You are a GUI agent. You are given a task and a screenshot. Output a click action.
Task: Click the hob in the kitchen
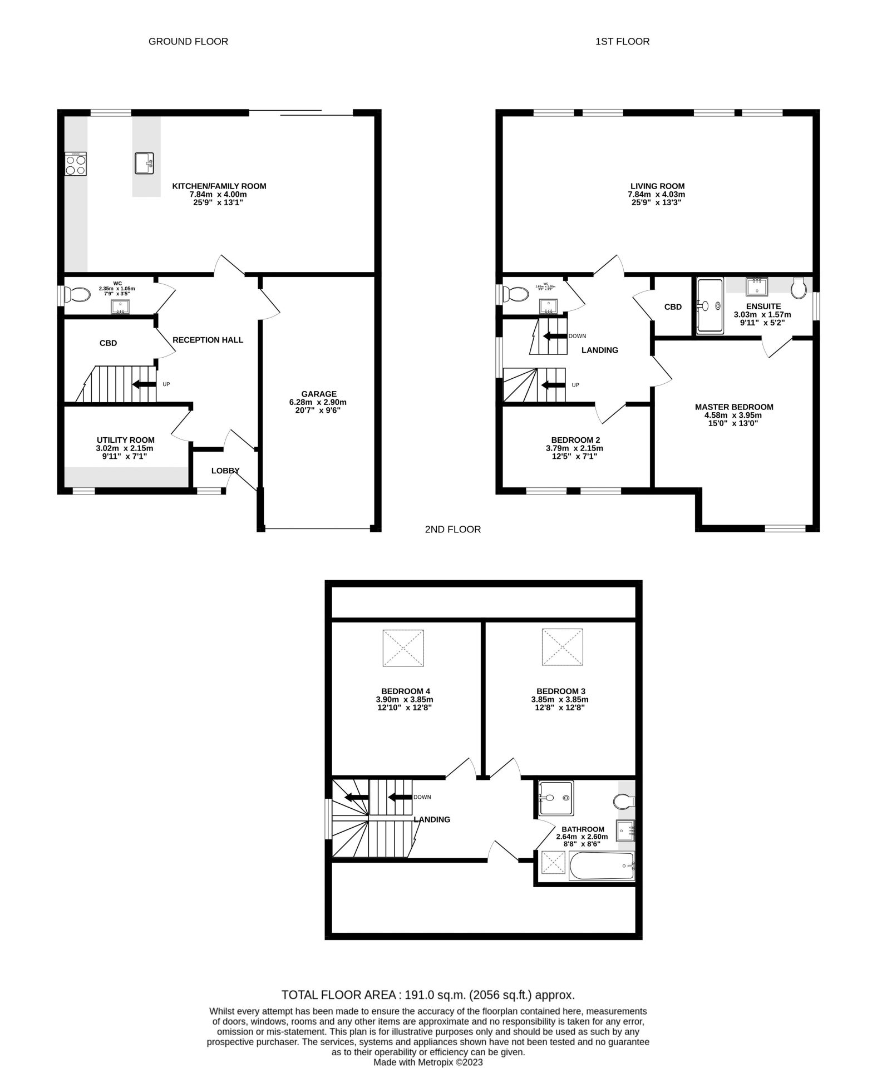coord(76,164)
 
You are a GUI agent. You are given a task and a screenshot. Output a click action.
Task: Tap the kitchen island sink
coord(146,164)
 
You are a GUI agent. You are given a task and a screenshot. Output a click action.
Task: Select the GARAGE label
coord(319,394)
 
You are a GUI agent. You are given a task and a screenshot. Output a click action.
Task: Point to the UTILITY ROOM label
coord(125,440)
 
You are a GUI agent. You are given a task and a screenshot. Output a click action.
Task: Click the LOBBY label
coord(225,471)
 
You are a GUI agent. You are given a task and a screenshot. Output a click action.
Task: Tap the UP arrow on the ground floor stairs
coord(144,384)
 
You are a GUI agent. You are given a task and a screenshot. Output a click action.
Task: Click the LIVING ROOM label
coord(657,186)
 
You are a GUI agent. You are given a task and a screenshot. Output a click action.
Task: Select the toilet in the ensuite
coord(799,288)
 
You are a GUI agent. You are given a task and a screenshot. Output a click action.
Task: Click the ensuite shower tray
coord(710,305)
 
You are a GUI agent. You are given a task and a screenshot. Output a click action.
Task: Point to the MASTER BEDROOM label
coord(733,407)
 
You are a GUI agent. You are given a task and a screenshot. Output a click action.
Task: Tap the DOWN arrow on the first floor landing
coord(554,336)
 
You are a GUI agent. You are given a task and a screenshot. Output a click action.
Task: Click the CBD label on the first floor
coord(672,307)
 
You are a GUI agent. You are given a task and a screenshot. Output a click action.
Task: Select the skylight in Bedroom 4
coord(403,647)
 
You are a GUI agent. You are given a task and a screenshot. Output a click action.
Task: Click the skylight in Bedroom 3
coord(563,647)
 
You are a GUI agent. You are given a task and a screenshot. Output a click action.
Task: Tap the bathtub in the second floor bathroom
coord(601,867)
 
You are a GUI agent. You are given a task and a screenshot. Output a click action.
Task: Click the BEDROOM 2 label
coord(575,439)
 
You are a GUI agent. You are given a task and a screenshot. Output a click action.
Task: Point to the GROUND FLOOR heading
coord(188,42)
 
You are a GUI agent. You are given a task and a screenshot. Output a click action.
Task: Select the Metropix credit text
coord(428,1062)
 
